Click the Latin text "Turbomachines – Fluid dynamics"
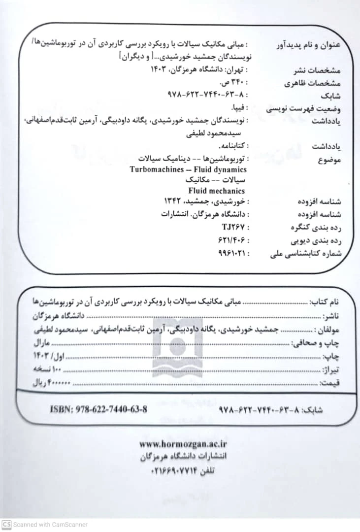pyautogui.click(x=188, y=170)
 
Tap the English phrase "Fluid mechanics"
pyautogui.click(x=216, y=191)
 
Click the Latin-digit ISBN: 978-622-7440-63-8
pyautogui.click(x=98, y=409)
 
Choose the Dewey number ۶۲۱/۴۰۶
pyautogui.click(x=231, y=240)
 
